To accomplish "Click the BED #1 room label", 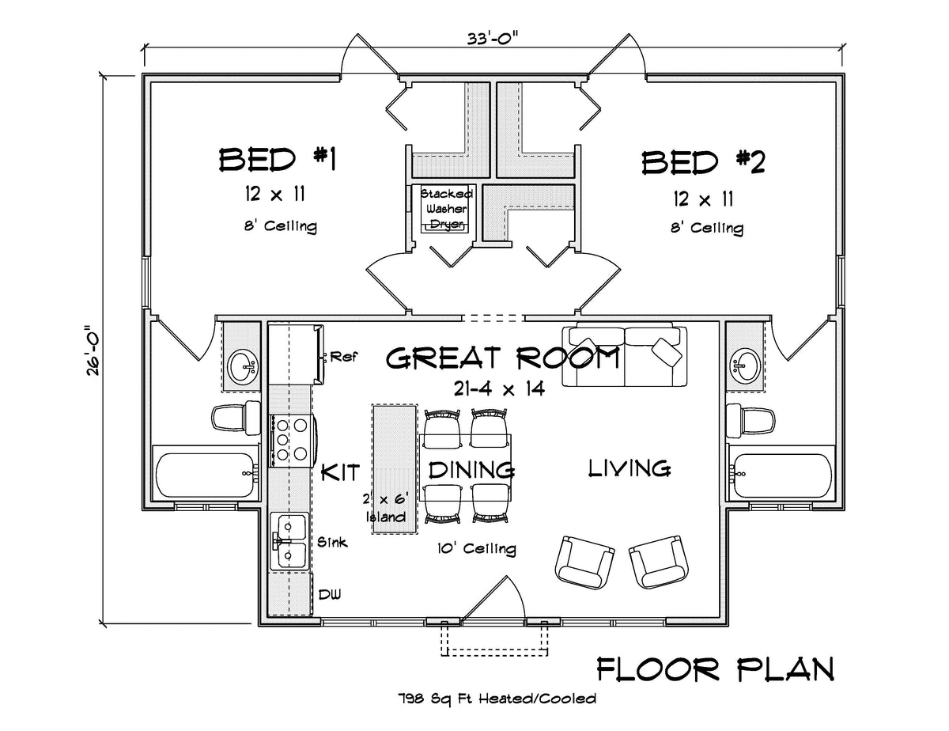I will (x=278, y=161).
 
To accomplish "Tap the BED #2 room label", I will (x=703, y=162).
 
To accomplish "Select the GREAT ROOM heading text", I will (x=502, y=359).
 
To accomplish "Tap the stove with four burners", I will (x=290, y=440).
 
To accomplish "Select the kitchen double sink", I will (x=290, y=540).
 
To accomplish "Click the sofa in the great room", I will (x=624, y=356).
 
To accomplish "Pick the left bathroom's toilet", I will (x=236, y=418).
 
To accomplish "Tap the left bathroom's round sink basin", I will (x=243, y=366).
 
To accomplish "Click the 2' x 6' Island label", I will (x=386, y=508).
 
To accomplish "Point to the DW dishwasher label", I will (x=331, y=594).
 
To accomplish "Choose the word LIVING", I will (x=630, y=468).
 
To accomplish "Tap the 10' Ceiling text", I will (x=475, y=548).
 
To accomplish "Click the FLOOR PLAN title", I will (x=714, y=669).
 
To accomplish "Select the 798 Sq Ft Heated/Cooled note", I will (x=497, y=699).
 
